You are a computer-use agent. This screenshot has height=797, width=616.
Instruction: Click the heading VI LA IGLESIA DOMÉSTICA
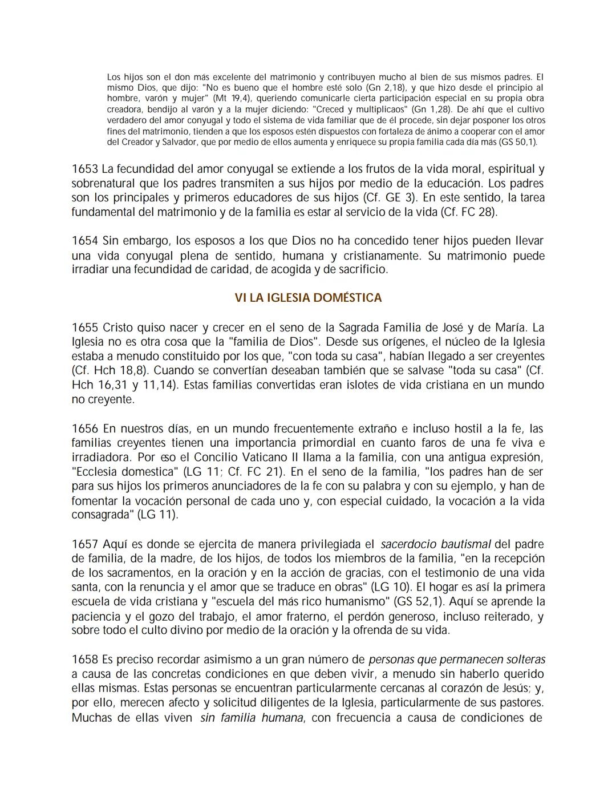point(308,298)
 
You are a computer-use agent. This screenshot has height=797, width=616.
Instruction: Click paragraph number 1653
point(85,169)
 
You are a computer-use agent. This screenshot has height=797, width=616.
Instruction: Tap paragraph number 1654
point(85,241)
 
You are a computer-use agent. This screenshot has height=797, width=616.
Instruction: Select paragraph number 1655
point(85,328)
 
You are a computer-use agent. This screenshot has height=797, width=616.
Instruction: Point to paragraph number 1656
point(85,428)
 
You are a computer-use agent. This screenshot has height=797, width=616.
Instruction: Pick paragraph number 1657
point(85,544)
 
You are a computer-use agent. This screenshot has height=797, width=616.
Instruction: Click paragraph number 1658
point(85,660)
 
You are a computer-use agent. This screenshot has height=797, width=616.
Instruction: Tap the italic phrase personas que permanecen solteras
point(457,660)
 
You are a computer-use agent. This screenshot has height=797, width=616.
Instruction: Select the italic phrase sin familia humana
point(252,718)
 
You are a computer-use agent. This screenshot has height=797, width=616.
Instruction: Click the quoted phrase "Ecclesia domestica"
point(125,472)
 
